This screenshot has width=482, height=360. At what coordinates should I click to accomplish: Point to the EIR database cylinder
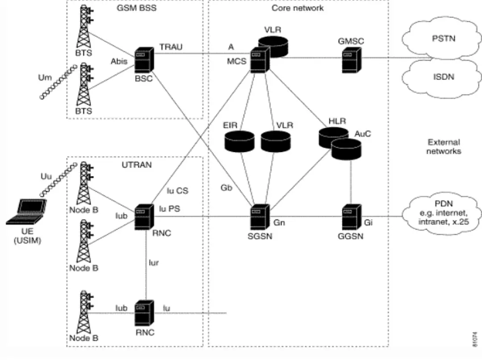(x=239, y=141)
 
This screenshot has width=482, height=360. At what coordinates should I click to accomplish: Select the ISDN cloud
(x=444, y=77)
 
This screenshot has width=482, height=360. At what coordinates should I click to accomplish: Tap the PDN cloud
(x=444, y=213)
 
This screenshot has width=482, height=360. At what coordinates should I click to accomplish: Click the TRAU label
(x=171, y=47)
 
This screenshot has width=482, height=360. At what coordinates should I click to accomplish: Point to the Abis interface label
(x=119, y=61)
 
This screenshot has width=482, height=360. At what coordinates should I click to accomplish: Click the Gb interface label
(x=226, y=188)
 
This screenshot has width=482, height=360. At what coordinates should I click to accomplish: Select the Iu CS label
(x=177, y=191)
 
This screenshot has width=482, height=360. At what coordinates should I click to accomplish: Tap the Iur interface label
(x=154, y=263)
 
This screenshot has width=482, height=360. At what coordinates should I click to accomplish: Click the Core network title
(x=298, y=8)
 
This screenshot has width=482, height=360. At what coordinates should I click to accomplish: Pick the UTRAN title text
(x=137, y=165)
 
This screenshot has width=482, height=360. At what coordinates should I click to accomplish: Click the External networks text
(x=443, y=147)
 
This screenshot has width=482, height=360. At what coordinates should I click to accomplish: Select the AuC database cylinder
(x=346, y=149)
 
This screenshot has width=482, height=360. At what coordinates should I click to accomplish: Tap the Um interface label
(x=45, y=78)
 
